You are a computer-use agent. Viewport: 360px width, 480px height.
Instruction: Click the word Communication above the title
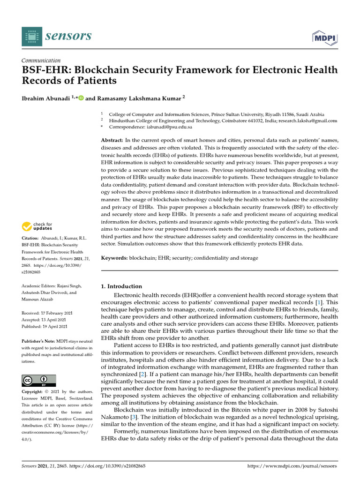pyautogui.click(x=41, y=60)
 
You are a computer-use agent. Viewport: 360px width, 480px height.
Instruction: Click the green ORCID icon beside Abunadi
pyautogui.click(x=80, y=98)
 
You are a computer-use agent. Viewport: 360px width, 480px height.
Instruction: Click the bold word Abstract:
pyautogui.click(x=112, y=141)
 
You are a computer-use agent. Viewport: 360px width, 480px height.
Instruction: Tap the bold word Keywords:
pyautogui.click(x=114, y=258)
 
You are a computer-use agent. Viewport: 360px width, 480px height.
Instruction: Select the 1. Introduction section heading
pyautogui.click(x=121, y=286)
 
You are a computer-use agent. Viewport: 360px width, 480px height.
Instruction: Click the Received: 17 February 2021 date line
pyautogui.click(x=47, y=313)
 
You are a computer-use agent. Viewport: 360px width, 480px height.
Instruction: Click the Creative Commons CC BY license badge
pyautogui.click(x=38, y=380)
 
